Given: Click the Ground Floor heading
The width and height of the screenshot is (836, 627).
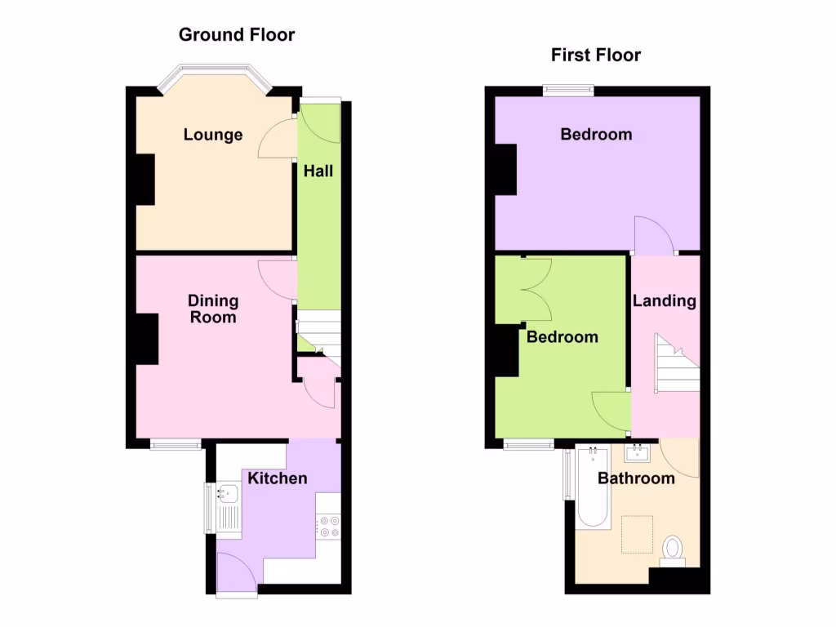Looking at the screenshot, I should [x=237, y=34].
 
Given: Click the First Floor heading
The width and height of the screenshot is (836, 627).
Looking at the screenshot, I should [x=596, y=55].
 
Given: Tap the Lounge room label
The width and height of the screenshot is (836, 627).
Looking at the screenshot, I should [x=213, y=135].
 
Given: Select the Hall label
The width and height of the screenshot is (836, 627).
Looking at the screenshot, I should [x=318, y=171].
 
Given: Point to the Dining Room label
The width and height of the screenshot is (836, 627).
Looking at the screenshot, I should [x=213, y=309].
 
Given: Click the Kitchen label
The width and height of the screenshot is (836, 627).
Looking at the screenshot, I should [x=278, y=478].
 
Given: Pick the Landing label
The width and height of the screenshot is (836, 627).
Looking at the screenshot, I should [x=665, y=300].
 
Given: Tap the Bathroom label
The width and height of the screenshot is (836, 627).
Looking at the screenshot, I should [x=636, y=478].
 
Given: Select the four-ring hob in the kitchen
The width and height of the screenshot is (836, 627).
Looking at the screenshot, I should [x=328, y=526].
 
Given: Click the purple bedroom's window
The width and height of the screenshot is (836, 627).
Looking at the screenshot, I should [x=569, y=90].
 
